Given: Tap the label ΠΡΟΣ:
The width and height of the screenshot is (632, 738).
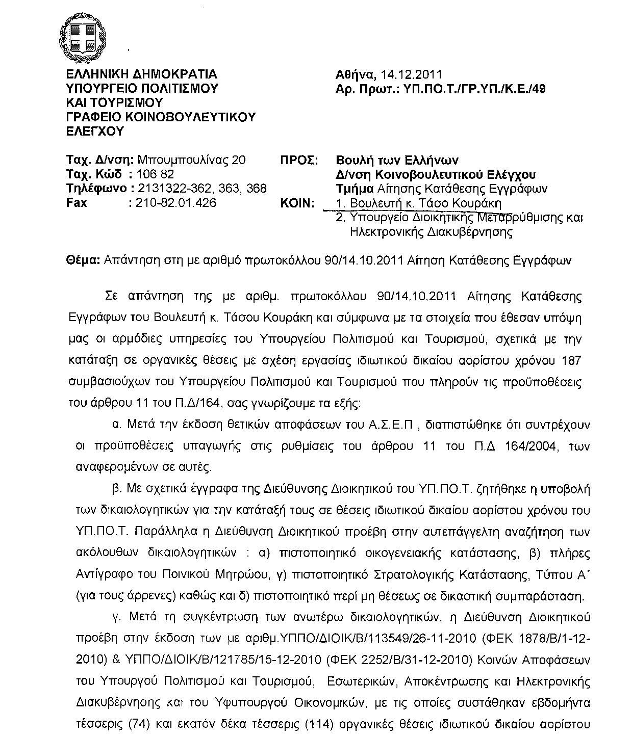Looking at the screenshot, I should [x=299, y=160].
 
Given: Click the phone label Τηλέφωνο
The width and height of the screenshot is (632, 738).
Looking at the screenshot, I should [x=97, y=189].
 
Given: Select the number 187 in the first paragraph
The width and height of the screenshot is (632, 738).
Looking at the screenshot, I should [x=570, y=361].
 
